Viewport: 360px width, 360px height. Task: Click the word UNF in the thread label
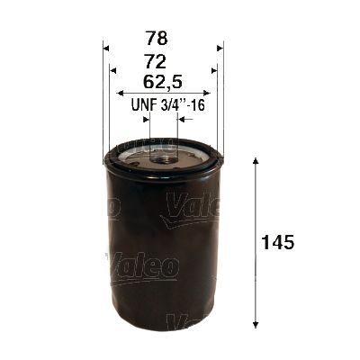[144, 104]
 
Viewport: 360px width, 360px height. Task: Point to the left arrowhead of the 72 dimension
[112, 69]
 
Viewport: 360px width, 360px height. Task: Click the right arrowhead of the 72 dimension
[214, 69]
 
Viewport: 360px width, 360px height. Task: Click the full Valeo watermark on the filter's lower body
[144, 266]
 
